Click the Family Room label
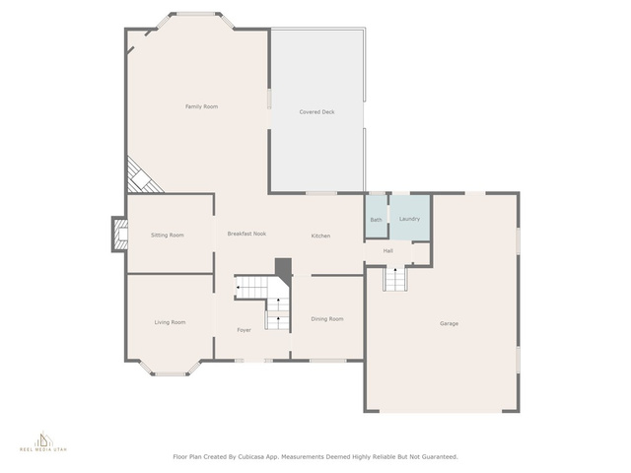(201, 106)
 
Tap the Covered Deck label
(317, 112)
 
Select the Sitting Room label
(168, 236)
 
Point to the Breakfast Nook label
(246, 234)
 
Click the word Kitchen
(320, 236)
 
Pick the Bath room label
(377, 220)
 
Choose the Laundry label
(410, 219)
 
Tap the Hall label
(387, 251)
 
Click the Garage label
(450, 323)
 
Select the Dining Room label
(327, 319)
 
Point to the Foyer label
(244, 330)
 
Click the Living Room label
(171, 322)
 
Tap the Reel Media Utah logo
(43, 441)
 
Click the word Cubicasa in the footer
(249, 457)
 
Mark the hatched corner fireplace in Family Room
(143, 176)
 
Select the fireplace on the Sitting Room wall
(119, 235)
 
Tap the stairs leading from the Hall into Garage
(395, 278)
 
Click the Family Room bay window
(195, 20)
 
